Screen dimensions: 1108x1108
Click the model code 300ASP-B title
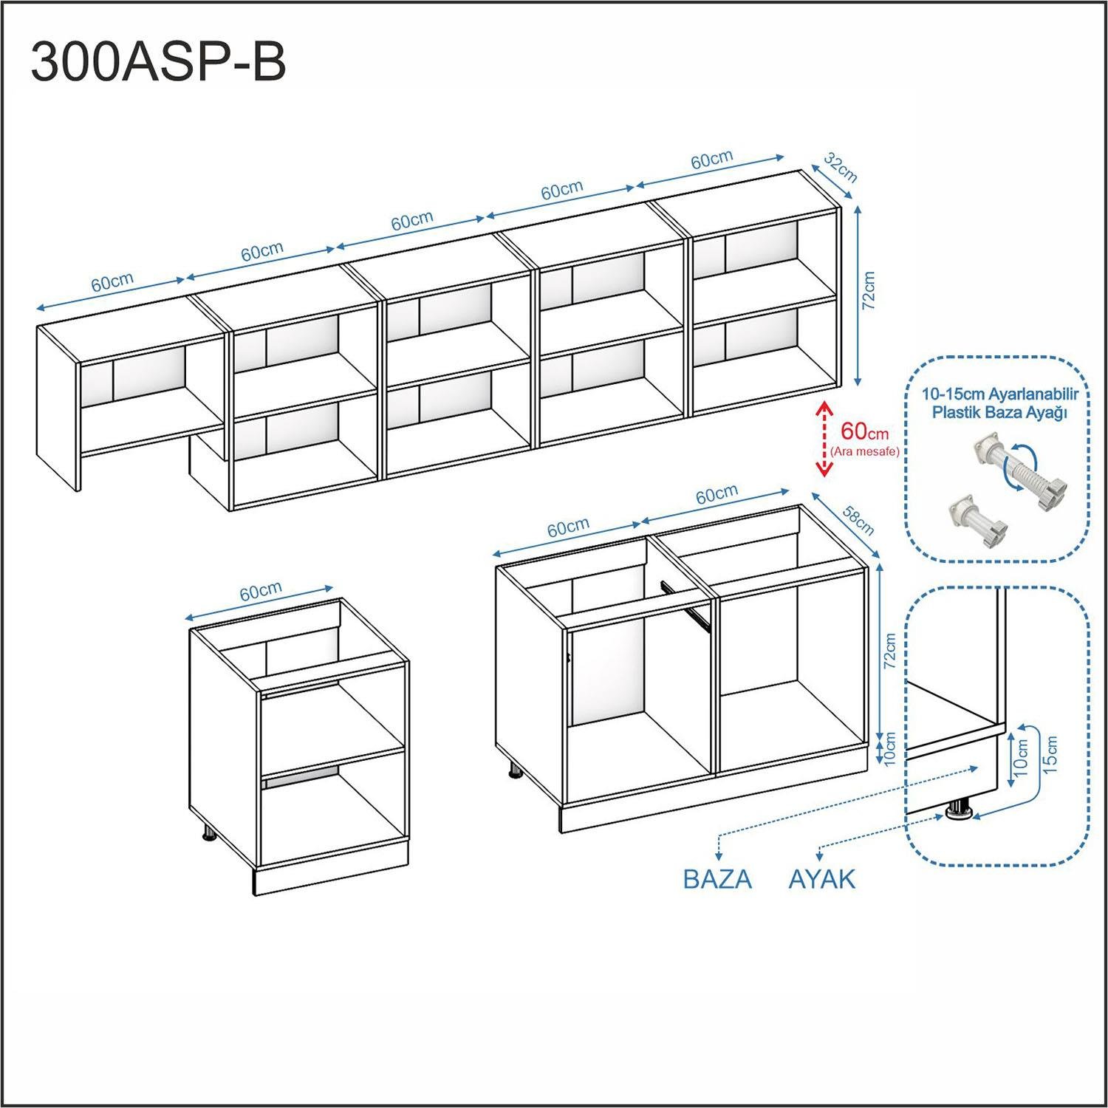tap(158, 62)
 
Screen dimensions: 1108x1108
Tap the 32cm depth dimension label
tap(841, 168)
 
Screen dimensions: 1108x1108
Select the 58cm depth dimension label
tap(858, 519)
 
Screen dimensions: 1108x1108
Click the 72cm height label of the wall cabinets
tap(869, 290)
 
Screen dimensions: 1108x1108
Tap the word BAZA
tap(717, 879)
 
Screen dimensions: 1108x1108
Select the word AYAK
tap(822, 879)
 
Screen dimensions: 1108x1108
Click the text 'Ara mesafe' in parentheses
tap(865, 451)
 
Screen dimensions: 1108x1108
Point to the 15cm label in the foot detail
tap(1051, 754)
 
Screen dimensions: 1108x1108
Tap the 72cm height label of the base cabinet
tap(890, 650)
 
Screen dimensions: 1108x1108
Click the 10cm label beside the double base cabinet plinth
tap(889, 748)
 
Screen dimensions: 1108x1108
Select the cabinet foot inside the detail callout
tap(960, 809)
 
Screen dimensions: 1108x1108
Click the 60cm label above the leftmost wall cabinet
tap(112, 282)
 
